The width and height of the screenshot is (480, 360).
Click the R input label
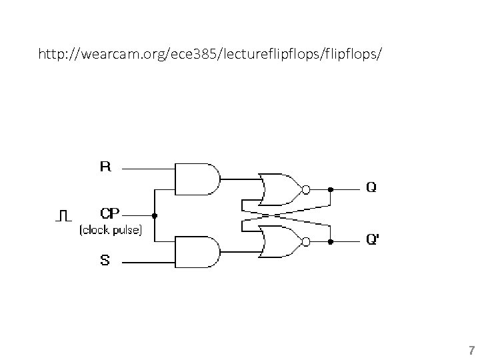(x=105, y=166)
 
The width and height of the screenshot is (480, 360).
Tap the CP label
(x=110, y=214)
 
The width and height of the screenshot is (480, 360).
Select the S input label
(x=105, y=261)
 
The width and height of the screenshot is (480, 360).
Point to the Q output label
(x=371, y=188)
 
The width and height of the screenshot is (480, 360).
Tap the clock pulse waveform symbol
(x=63, y=215)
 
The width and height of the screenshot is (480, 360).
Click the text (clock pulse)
(x=110, y=231)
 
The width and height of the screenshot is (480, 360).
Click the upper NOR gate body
(x=280, y=189)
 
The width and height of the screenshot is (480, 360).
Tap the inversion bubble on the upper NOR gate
(x=306, y=189)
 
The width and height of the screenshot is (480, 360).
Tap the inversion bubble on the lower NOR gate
(x=306, y=240)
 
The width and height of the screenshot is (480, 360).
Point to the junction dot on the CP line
(x=155, y=215)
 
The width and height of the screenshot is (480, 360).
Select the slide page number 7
(x=471, y=350)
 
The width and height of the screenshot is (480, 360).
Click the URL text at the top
(x=211, y=52)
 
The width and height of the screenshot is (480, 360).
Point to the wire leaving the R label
(x=147, y=167)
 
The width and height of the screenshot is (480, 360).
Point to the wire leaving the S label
(x=147, y=262)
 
